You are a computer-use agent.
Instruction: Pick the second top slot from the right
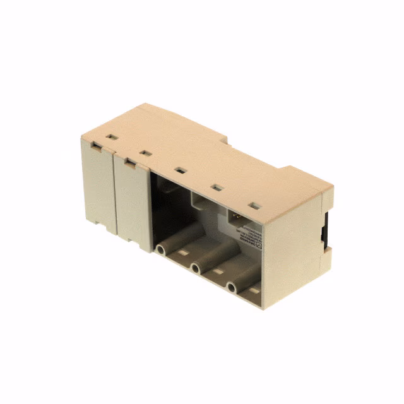point(215,187)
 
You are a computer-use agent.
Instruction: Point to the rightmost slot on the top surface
point(254,206)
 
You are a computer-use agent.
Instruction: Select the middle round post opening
point(196,269)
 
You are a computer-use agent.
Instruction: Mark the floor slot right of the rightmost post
point(253,291)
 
